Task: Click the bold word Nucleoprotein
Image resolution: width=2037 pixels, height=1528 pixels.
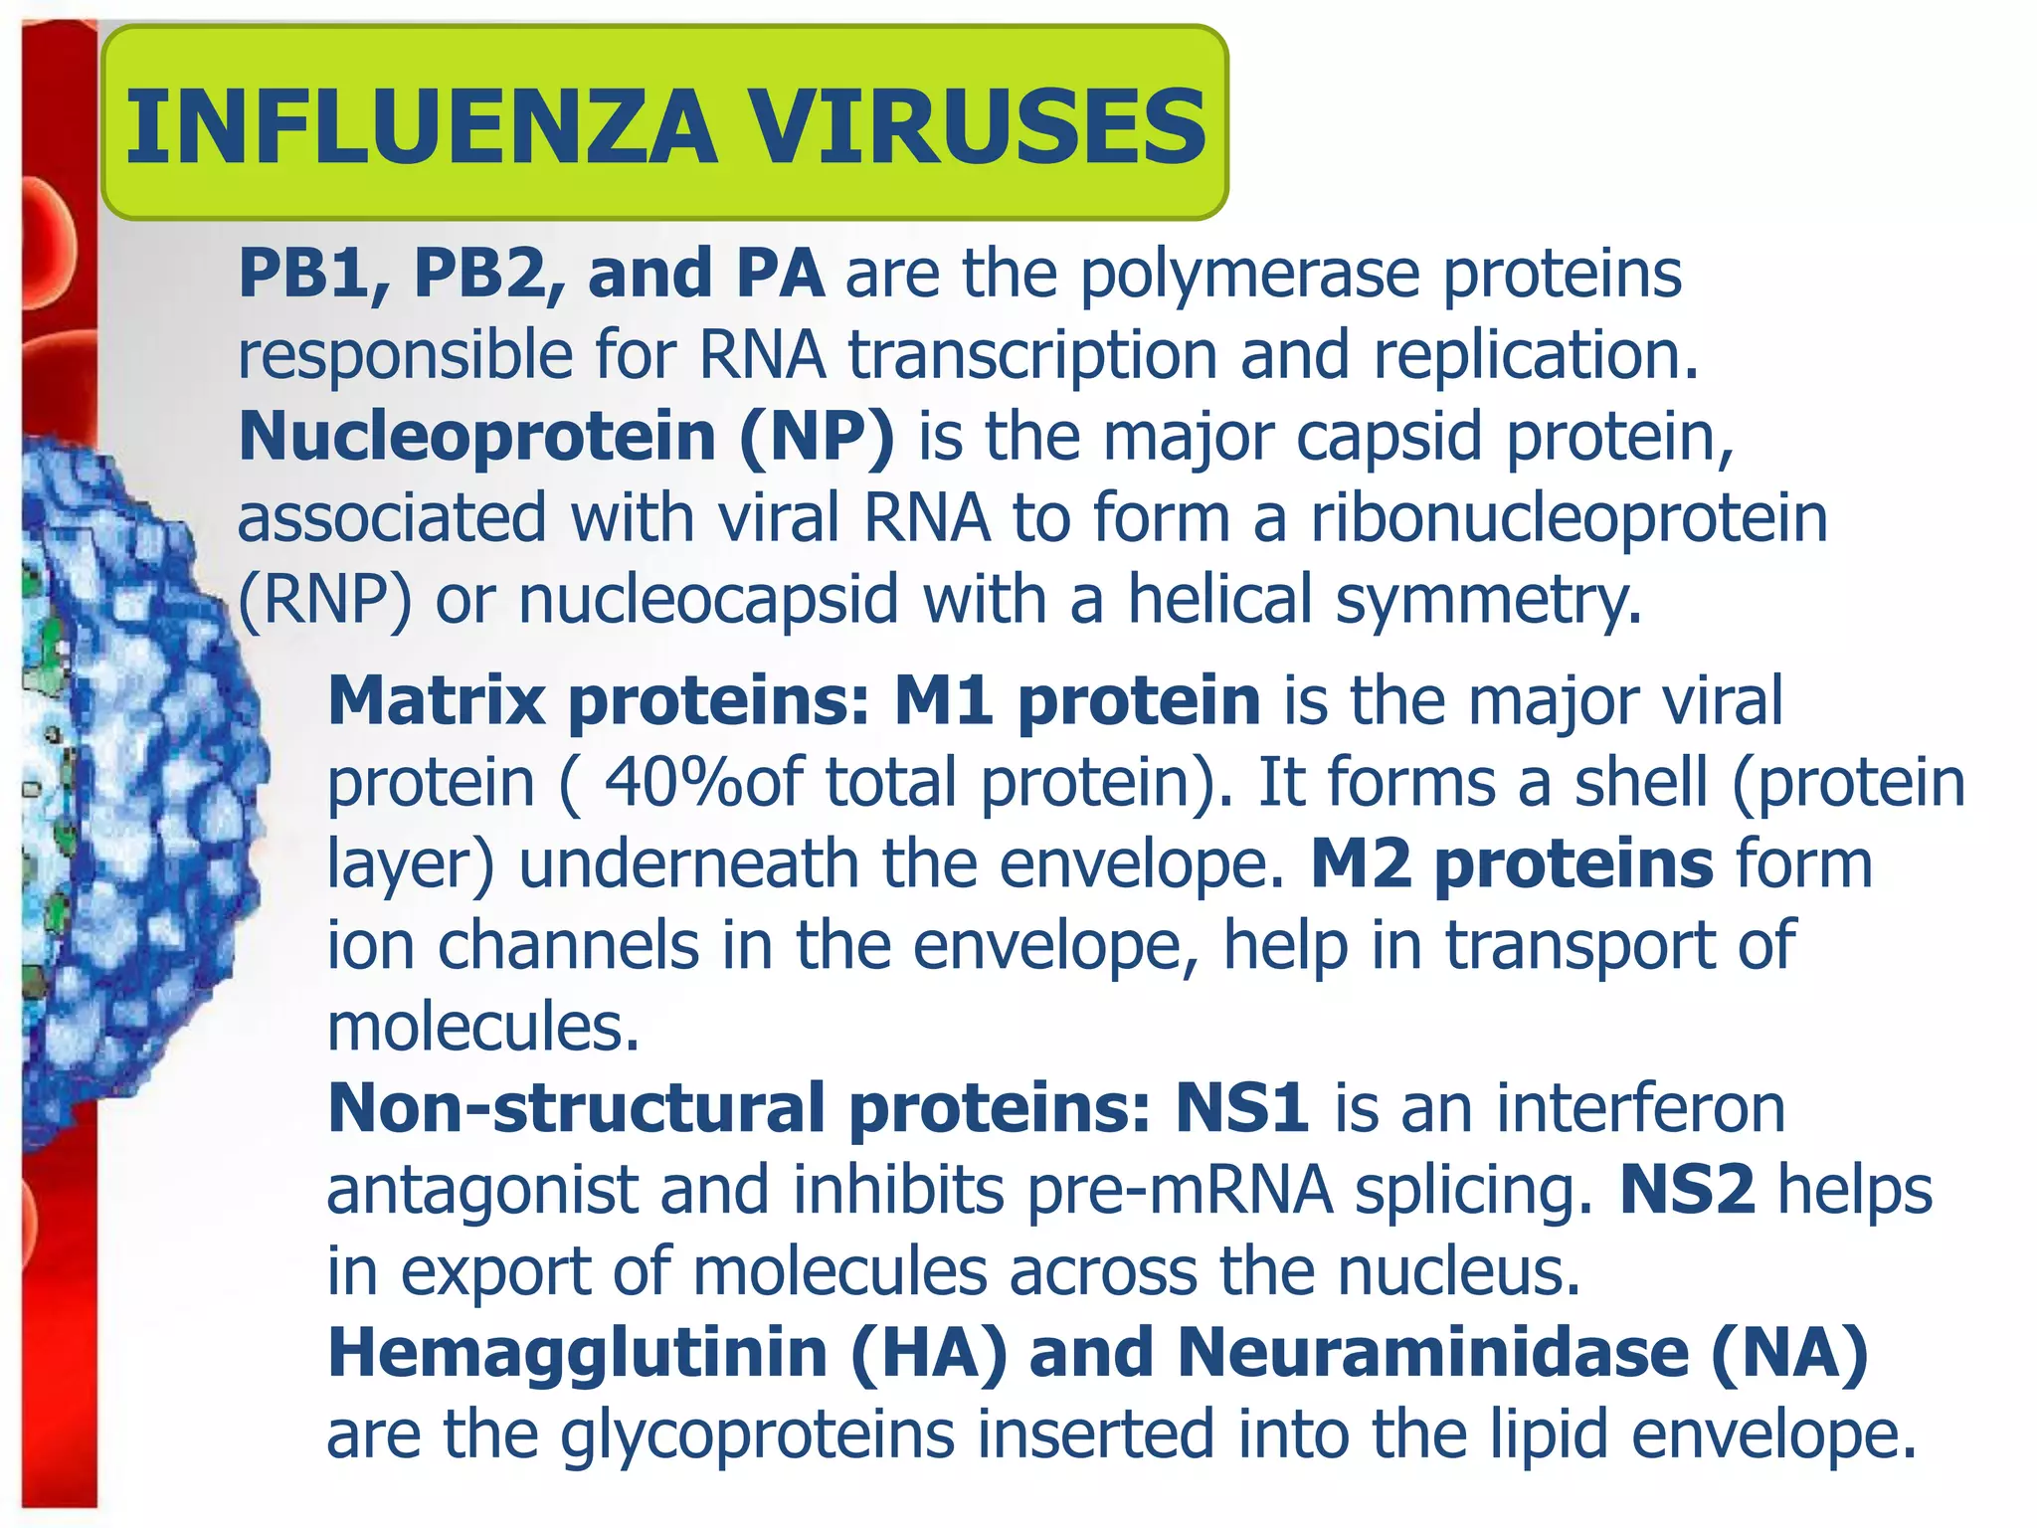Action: point(477,438)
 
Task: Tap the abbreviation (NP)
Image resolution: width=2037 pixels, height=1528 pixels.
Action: point(817,438)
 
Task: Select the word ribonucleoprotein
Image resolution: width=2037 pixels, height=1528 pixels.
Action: point(1570,519)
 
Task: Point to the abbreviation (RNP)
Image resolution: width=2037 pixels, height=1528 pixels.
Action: point(324,601)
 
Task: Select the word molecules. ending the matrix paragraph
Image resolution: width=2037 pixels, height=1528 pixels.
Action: point(483,1027)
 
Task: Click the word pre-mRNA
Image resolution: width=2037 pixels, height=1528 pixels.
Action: point(1180,1191)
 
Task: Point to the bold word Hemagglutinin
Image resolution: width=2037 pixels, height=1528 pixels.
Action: point(578,1354)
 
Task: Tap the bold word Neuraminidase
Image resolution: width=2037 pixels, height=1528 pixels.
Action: point(1433,1354)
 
